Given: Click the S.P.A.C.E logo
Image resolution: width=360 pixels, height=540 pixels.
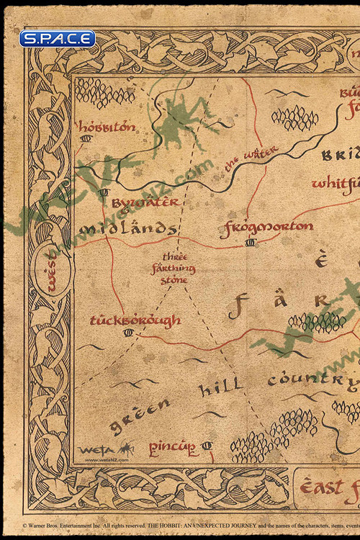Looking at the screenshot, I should click(x=58, y=39).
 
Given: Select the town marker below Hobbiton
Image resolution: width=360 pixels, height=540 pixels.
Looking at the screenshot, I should click(x=86, y=138).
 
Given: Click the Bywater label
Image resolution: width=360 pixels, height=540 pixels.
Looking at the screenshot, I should click(x=145, y=203).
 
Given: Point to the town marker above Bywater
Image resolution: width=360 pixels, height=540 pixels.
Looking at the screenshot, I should click(x=104, y=192).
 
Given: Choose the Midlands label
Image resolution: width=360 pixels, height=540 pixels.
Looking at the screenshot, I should click(x=127, y=229).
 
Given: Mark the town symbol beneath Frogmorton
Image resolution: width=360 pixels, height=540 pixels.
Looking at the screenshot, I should click(x=250, y=243).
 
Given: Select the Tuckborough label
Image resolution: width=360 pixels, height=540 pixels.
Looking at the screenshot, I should click(x=135, y=320).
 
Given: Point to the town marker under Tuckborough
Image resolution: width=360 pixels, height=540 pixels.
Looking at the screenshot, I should click(x=128, y=332).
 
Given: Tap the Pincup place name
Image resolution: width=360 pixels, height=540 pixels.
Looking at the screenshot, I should click(x=173, y=449).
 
